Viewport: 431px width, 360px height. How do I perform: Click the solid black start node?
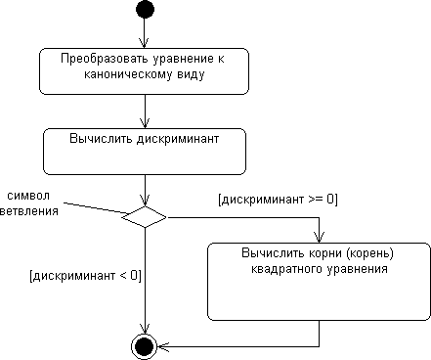[145, 10]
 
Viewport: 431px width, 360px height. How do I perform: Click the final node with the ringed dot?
[145, 345]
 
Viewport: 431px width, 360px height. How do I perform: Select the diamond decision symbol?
[145, 216]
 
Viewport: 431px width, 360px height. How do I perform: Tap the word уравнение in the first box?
[180, 61]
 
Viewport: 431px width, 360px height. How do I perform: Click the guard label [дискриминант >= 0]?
[278, 200]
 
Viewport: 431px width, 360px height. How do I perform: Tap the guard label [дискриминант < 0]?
[86, 275]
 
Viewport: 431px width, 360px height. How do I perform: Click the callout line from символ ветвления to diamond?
[93, 208]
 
